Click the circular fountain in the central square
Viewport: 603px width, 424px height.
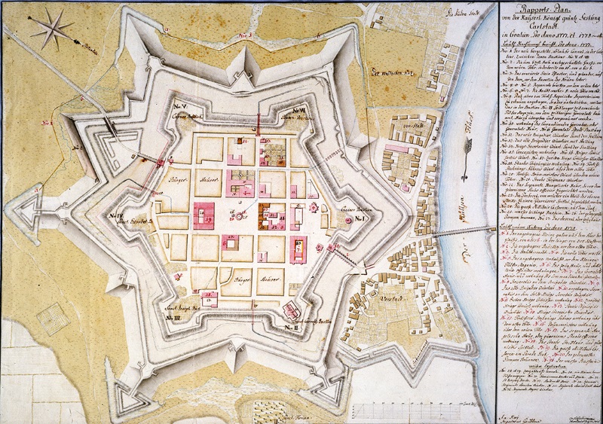tap(240, 217)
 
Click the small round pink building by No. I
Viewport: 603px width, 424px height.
tap(348, 220)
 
